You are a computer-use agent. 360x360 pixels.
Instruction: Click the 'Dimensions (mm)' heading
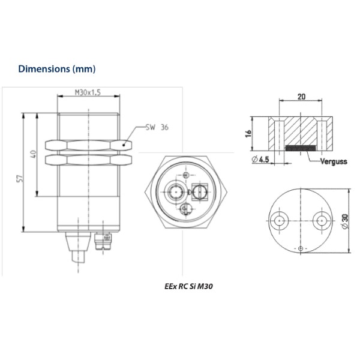point(56,68)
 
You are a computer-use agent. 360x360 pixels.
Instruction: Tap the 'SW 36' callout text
point(157,128)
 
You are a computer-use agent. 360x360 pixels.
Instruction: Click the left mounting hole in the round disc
point(279,220)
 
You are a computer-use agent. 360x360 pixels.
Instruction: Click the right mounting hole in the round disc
point(322,220)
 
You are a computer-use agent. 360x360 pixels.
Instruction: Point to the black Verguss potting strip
point(301,148)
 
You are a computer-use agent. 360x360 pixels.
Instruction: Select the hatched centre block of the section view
point(301,129)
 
